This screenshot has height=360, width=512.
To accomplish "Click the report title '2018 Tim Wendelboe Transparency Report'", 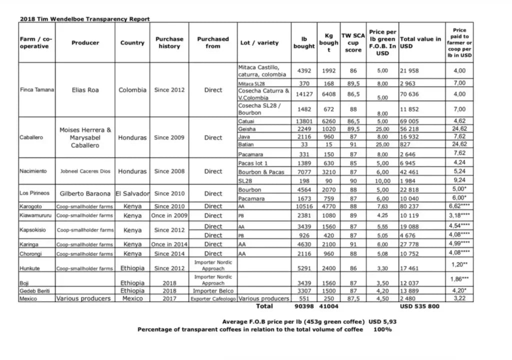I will [x=84, y=19].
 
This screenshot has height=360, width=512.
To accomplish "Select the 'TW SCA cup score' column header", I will [x=352, y=42].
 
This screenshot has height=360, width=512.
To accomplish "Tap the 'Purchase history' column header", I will [x=169, y=42].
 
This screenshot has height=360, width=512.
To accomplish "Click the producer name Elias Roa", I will [x=85, y=90].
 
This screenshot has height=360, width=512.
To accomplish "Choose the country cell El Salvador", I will [x=132, y=193].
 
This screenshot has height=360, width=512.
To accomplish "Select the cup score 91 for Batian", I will [x=352, y=144].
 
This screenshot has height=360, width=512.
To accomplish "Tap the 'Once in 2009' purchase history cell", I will [x=169, y=216].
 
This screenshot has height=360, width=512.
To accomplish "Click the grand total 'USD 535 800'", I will [x=420, y=306].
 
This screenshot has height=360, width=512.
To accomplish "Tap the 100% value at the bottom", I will [x=382, y=329].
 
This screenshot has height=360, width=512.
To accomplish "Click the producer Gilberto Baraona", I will [x=85, y=193].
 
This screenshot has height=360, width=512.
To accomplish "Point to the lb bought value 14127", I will [x=304, y=94].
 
